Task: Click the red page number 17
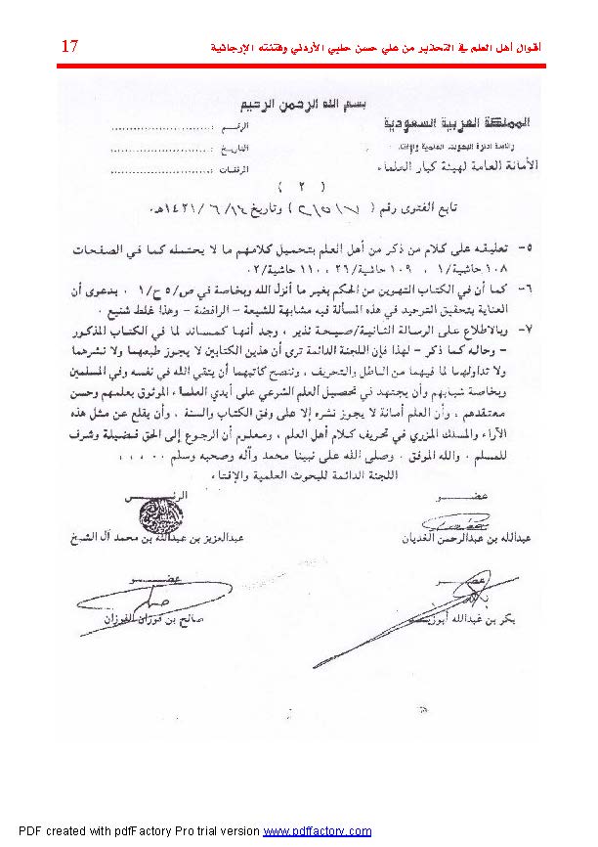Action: (x=69, y=47)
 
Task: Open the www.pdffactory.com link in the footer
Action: (x=318, y=831)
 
